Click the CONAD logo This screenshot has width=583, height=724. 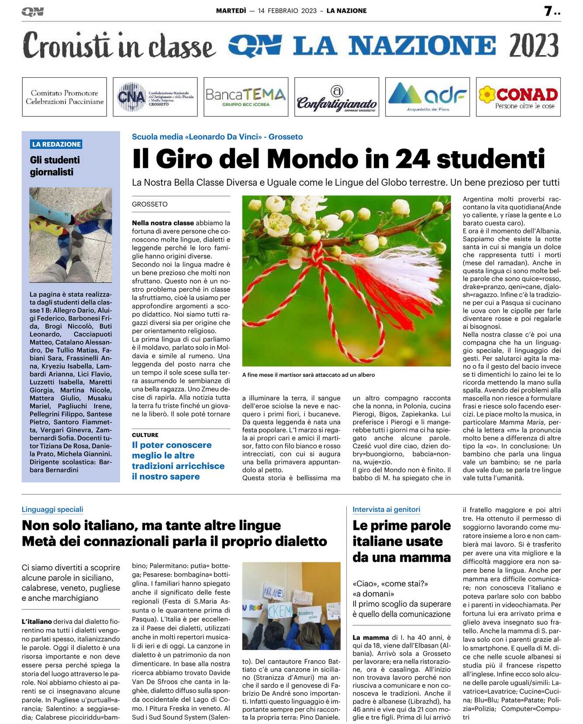pyautogui.click(x=518, y=97)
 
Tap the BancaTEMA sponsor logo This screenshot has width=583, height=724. pyautogui.click(x=246, y=97)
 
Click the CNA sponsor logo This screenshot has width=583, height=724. pyautogui.click(x=155, y=97)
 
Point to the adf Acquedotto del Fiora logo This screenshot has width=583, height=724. pyautogui.click(x=428, y=97)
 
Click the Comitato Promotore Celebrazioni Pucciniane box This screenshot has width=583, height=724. pyautogui.click(x=65, y=97)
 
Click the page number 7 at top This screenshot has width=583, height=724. pyautogui.click(x=549, y=11)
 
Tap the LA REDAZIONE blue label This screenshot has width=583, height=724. pyautogui.click(x=56, y=144)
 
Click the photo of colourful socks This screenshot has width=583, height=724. pyautogui.click(x=71, y=235)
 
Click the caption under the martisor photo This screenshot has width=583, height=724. pyautogui.click(x=308, y=375)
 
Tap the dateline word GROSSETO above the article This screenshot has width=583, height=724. pyautogui.click(x=150, y=204)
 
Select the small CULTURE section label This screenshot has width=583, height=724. pyautogui.click(x=145, y=435)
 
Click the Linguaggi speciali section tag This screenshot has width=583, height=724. pyautogui.click(x=52, y=509)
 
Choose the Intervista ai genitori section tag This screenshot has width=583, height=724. pyautogui.click(x=386, y=509)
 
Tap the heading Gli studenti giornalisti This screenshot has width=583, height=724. pyautogui.click(x=55, y=166)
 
